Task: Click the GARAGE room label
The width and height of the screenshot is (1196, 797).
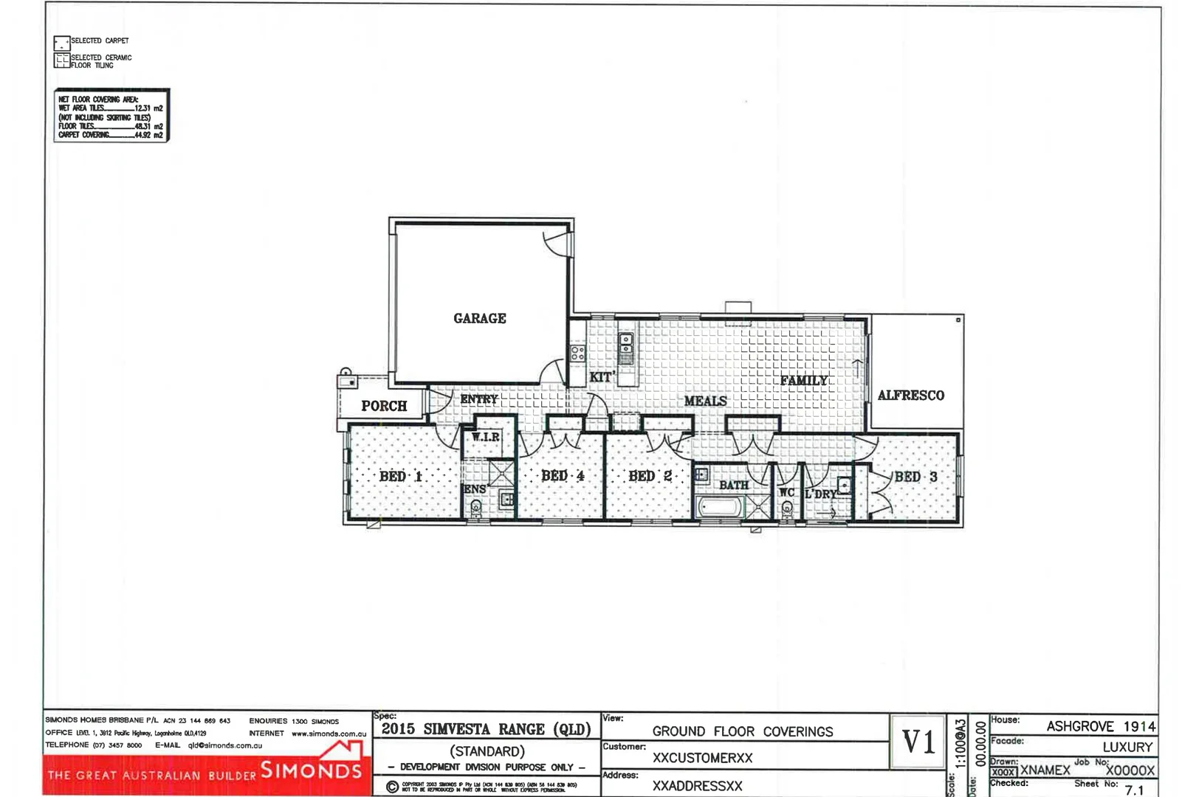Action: [479, 318]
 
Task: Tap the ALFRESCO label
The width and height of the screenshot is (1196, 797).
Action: [910, 396]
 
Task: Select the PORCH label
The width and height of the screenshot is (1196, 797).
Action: [384, 406]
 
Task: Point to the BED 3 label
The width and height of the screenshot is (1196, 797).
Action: [915, 477]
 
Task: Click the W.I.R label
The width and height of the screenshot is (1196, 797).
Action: [485, 437]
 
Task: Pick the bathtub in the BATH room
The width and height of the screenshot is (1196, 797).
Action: [721, 508]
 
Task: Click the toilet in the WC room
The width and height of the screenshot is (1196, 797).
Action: [787, 508]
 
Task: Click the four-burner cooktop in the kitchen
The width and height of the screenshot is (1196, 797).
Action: [577, 353]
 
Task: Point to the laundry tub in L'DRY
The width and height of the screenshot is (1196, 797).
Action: [844, 486]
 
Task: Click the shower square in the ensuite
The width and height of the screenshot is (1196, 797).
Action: [501, 472]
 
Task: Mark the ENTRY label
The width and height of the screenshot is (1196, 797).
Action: [479, 399]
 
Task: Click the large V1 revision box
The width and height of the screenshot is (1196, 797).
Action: [918, 742]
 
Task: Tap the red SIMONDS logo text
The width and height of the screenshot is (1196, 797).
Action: [311, 770]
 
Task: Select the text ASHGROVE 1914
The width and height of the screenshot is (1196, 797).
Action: [1100, 726]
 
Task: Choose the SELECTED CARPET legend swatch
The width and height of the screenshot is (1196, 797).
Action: [61, 44]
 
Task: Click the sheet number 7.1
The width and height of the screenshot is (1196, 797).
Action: [1134, 790]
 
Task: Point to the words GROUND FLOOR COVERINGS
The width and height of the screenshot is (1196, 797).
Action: [742, 731]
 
